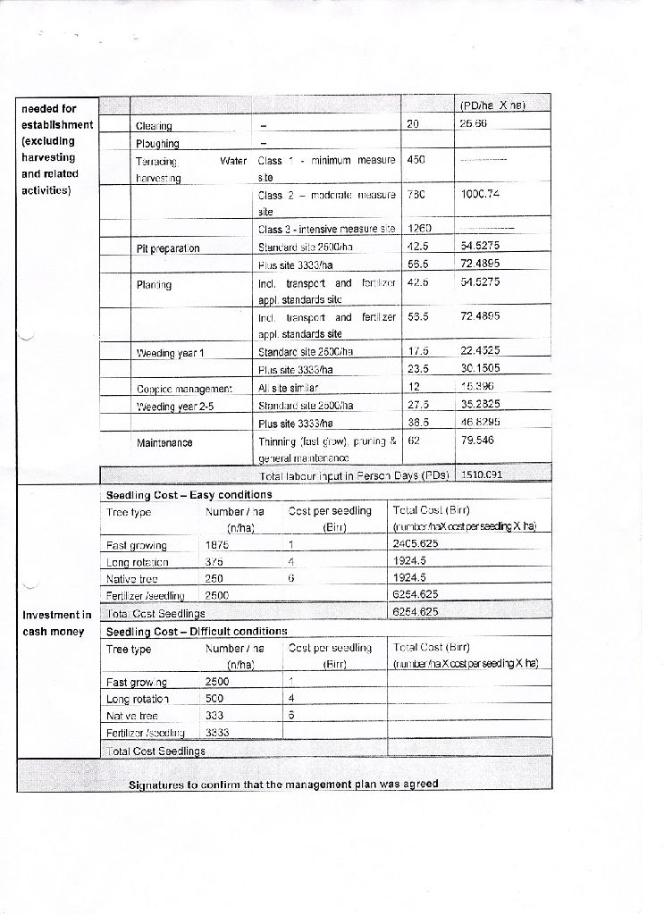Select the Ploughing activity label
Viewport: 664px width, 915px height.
157,144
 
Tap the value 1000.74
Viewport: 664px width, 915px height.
479,194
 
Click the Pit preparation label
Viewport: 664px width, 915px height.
168,247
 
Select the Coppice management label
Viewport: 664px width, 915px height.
184,389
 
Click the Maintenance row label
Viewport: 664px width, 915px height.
165,441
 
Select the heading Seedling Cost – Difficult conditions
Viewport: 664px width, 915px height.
197,631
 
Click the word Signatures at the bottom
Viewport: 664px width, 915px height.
163,785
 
